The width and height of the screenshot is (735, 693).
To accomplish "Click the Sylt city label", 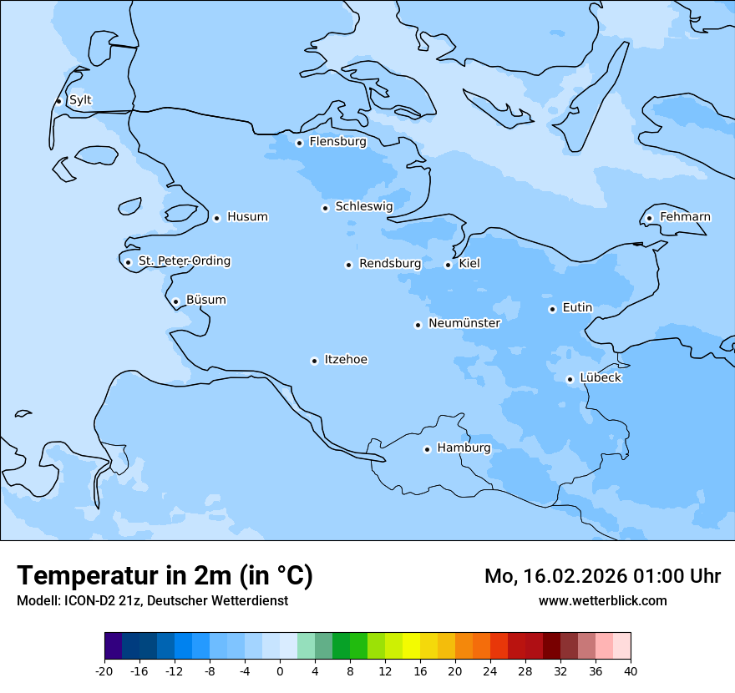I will (x=80, y=100).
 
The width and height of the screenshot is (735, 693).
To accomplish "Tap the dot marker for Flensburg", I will (x=299, y=143).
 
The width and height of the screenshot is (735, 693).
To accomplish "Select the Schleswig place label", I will (x=363, y=206).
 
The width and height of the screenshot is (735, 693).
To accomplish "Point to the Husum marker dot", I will (x=216, y=218).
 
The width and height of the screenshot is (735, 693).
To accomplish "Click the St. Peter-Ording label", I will (x=184, y=261).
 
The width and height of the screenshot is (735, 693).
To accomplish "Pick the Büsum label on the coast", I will (x=205, y=300).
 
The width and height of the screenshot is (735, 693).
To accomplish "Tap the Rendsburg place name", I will (x=390, y=264).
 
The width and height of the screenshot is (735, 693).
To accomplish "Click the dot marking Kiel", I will (x=448, y=265).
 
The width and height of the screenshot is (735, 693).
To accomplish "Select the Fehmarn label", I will (x=685, y=217).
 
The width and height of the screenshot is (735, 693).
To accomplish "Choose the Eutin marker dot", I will (x=552, y=309).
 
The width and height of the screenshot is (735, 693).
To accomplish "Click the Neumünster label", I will (x=464, y=323).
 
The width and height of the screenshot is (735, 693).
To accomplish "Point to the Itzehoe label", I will (x=346, y=360).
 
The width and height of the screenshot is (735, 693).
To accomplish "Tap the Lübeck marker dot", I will (x=570, y=379).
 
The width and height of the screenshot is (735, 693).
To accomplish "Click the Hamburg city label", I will (x=464, y=448).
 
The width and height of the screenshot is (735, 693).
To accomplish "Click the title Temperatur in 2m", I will (x=165, y=575).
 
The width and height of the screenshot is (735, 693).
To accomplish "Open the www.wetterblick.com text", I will (x=602, y=601).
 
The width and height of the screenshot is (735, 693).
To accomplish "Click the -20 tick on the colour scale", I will (x=104, y=670).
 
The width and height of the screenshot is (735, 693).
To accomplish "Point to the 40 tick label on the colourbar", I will (x=631, y=670).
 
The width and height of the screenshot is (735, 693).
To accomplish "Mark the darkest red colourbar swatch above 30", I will (x=551, y=646).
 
